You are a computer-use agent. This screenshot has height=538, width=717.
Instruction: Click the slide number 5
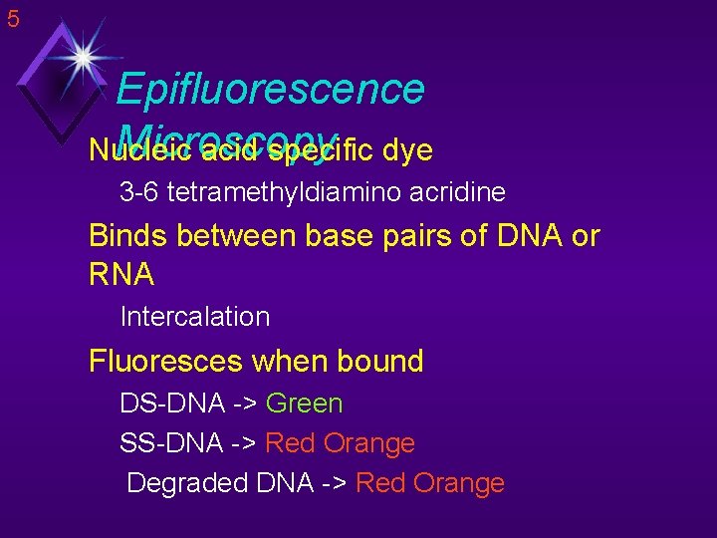tap(13, 18)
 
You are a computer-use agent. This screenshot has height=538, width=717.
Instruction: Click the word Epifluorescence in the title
tap(270, 89)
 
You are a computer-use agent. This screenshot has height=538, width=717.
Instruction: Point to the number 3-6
tap(139, 191)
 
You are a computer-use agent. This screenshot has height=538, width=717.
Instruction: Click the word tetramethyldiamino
tap(288, 191)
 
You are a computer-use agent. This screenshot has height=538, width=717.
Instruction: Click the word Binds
tap(125, 236)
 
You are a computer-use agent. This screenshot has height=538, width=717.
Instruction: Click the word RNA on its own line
tap(121, 274)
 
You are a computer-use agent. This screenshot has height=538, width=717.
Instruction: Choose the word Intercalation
tap(195, 317)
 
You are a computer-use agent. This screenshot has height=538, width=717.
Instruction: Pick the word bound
tap(381, 361)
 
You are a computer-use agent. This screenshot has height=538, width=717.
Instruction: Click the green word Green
tap(305, 403)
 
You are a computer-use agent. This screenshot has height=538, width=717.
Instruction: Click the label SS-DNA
tap(169, 443)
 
